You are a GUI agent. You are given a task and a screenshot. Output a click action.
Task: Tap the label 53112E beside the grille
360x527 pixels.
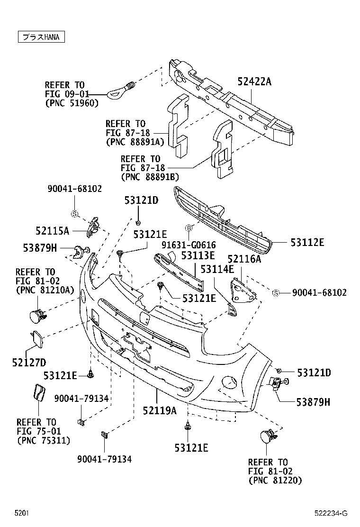[x=307, y=242]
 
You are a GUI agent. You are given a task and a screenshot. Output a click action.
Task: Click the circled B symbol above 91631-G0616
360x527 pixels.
[x=189, y=228]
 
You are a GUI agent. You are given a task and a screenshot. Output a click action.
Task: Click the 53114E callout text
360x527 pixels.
[x=217, y=269]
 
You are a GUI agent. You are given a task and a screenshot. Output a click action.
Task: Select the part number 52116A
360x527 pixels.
[x=244, y=259]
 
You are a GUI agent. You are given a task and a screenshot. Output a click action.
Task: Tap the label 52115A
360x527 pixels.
[x=52, y=231]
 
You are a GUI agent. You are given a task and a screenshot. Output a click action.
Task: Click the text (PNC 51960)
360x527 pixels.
[x=71, y=103]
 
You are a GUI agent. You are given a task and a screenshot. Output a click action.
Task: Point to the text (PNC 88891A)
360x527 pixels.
[x=135, y=142]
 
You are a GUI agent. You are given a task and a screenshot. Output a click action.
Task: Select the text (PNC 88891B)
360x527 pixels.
[x=150, y=176]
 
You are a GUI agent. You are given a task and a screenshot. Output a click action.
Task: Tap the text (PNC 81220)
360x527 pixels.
[x=275, y=480]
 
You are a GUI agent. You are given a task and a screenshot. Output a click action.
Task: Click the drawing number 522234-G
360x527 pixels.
[x=331, y=513]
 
